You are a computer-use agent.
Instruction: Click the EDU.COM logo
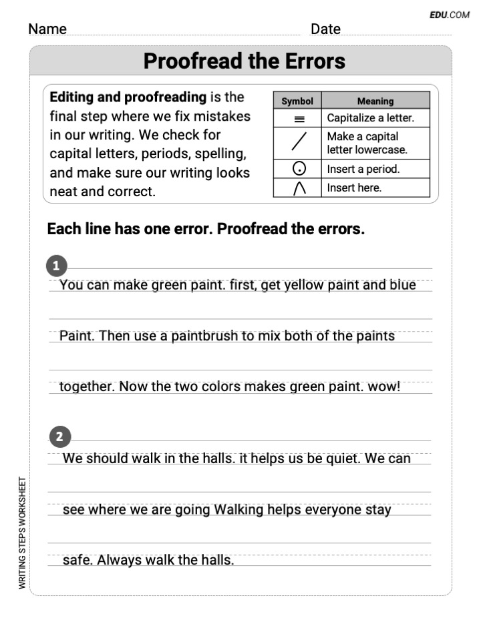coord(450,14)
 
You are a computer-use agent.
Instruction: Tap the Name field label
coord(47,29)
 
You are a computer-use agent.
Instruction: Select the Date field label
coord(325,29)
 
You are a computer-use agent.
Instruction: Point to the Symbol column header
coord(297,101)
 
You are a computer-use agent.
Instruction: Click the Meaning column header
coord(375,101)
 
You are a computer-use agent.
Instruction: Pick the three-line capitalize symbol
coord(299,119)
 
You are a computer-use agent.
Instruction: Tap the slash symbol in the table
coord(299,143)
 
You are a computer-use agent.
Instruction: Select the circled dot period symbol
coord(299,170)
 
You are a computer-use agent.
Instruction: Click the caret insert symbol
coord(299,188)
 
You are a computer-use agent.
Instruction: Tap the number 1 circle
coord(56,266)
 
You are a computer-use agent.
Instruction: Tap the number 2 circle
coord(60,438)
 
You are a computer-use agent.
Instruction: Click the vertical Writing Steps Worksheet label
coord(22,533)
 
